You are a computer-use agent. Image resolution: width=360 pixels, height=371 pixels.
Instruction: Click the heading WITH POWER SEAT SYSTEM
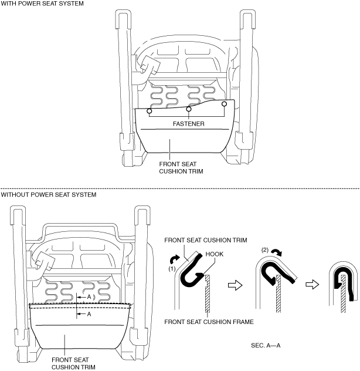pos(42,4)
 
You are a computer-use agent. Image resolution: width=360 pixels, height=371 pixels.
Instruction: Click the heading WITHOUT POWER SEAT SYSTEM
pos(49,195)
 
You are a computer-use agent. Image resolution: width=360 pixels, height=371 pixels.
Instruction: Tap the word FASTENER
pos(188,124)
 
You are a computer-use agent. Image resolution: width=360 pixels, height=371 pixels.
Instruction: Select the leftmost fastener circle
pos(149,111)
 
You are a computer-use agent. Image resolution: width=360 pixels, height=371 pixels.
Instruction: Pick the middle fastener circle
pos(189,109)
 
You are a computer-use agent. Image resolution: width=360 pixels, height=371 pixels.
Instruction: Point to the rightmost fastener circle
pos(224,104)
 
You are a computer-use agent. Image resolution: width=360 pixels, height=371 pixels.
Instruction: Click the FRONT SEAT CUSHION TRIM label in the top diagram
pos(181,167)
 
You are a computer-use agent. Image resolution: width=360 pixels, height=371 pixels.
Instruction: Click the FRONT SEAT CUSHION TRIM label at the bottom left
pos(73,363)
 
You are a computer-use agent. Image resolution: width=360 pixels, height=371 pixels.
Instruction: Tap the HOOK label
pos(215,254)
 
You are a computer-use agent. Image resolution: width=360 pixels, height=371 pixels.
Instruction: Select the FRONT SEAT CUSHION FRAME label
pos(209,322)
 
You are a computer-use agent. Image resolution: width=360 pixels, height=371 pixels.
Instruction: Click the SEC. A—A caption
pos(266,345)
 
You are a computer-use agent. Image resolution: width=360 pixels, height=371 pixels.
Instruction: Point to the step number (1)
pos(172,269)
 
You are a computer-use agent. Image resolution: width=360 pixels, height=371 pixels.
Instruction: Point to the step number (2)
pos(265,250)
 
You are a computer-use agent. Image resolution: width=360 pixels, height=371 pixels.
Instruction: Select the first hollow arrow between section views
pos(235,285)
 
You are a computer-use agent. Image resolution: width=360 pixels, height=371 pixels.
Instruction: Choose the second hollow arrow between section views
pos(313,284)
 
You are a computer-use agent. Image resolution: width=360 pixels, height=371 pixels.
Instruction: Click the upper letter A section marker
pos(89,296)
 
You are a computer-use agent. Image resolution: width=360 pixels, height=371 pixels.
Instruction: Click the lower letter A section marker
pos(89,314)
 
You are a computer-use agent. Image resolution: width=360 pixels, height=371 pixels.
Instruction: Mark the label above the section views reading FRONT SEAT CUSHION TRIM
pos(206,240)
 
